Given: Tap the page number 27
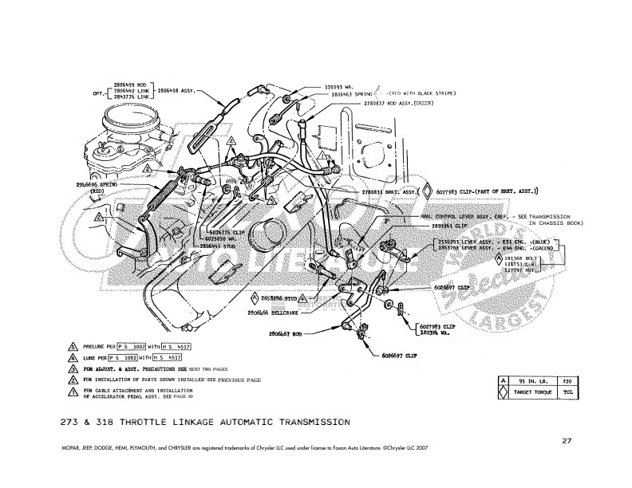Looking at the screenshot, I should [x=566, y=439].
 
